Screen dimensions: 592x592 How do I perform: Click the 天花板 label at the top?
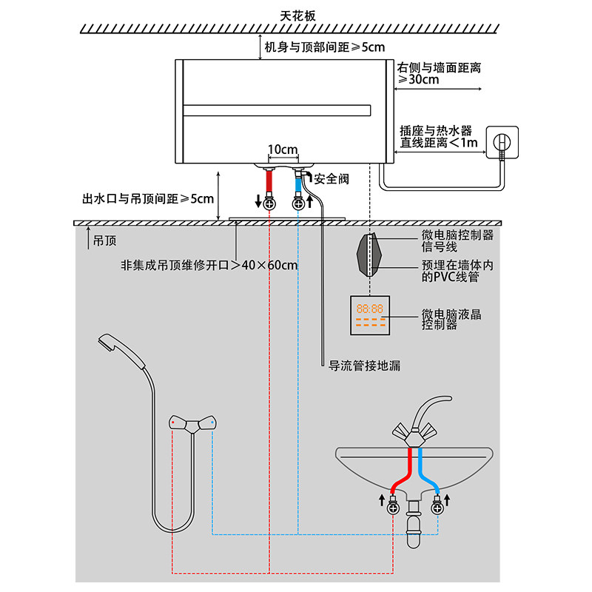pyautogui.click(x=297, y=16)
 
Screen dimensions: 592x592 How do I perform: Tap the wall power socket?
pyautogui.click(x=502, y=142)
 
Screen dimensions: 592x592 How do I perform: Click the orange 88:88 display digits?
pyautogui.click(x=369, y=309)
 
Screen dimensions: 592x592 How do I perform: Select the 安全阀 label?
pyautogui.click(x=331, y=178)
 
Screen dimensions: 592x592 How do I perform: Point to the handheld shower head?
pyautogui.click(x=121, y=349)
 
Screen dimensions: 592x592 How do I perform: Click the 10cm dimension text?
pyautogui.click(x=283, y=149)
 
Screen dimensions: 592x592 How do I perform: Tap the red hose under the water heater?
pyautogui.click(x=269, y=181)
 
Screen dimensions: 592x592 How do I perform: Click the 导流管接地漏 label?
pyautogui.click(x=364, y=366)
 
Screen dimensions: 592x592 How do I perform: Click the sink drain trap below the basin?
pyautogui.click(x=414, y=524)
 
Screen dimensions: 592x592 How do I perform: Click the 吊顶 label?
pyautogui.click(x=104, y=241)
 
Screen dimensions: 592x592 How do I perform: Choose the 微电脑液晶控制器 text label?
pyautogui.click(x=451, y=320)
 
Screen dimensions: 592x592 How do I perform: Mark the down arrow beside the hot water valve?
pyautogui.click(x=258, y=201)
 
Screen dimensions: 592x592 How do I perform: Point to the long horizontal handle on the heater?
pyautogui.click(x=277, y=110)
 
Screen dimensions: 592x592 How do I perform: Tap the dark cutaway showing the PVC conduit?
pyautogui.click(x=369, y=255)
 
